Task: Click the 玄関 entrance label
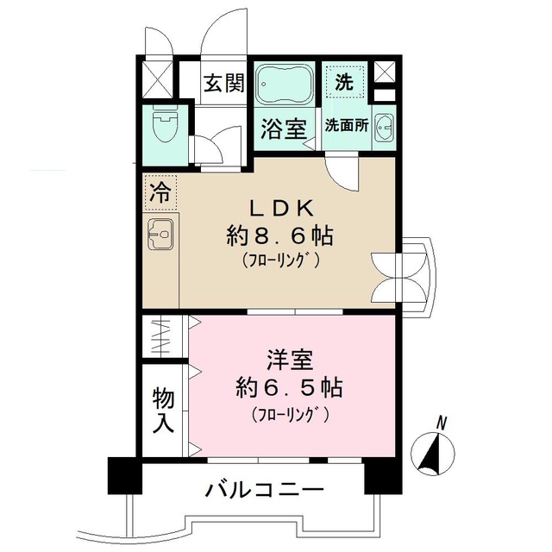(x=223, y=85)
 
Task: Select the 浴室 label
(x=283, y=129)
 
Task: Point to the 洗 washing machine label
(x=344, y=84)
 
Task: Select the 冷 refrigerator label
(x=160, y=191)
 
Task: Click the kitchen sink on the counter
(x=160, y=234)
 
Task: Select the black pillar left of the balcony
(x=124, y=474)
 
